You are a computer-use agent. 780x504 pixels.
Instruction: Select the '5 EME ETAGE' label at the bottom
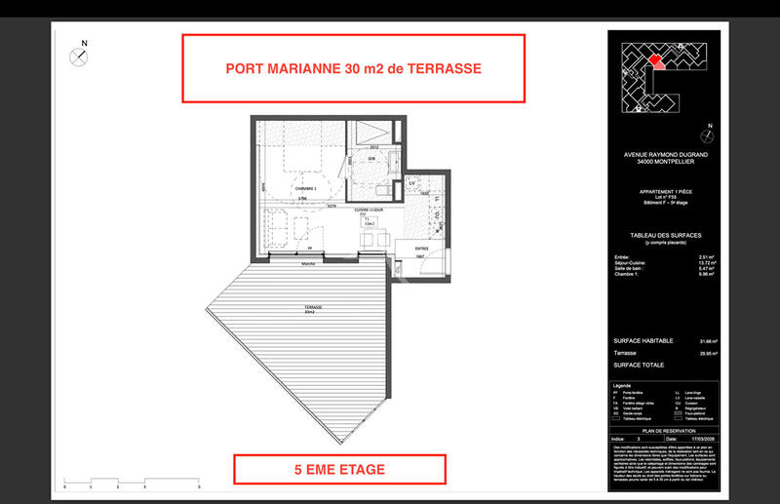click(x=339, y=470)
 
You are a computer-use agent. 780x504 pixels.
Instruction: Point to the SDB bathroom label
click(x=371, y=159)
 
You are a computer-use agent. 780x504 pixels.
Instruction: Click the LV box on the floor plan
click(x=411, y=182)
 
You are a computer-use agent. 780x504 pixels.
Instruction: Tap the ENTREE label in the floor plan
click(x=422, y=249)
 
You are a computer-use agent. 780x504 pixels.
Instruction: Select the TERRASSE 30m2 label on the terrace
click(x=311, y=309)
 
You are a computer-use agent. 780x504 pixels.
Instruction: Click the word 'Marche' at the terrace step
click(x=309, y=264)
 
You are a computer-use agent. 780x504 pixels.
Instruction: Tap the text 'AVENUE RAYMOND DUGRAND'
click(x=665, y=154)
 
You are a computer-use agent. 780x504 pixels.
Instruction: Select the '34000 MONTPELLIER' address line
click(x=665, y=162)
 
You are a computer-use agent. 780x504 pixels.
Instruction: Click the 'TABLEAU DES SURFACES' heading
click(x=665, y=236)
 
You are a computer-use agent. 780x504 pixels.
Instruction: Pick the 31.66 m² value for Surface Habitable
click(x=708, y=341)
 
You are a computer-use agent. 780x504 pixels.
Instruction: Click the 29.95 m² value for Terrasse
click(x=708, y=354)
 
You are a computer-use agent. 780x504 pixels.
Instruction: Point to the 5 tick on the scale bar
click(x=199, y=485)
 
